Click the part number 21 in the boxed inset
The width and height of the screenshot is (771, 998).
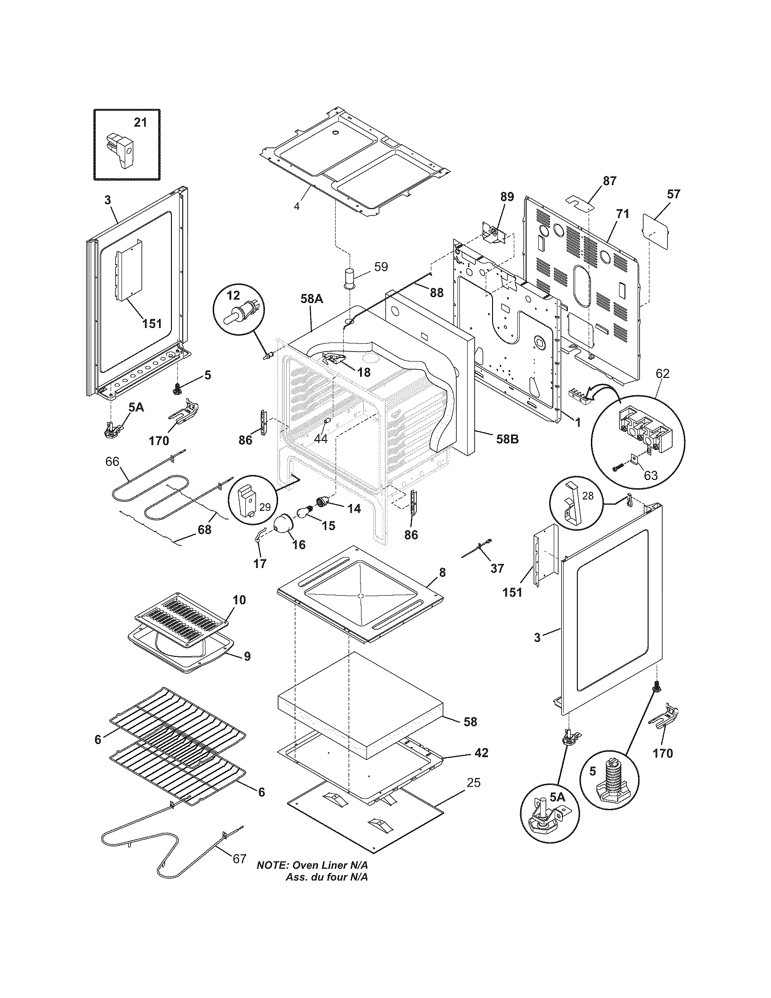pyautogui.click(x=140, y=122)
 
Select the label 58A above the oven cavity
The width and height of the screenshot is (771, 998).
pyautogui.click(x=312, y=299)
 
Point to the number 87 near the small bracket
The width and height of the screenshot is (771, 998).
pyautogui.click(x=609, y=181)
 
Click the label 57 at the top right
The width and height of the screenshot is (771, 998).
pyautogui.click(x=673, y=194)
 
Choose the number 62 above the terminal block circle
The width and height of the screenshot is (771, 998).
pyautogui.click(x=662, y=373)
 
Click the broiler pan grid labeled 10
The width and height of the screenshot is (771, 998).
pyautogui.click(x=181, y=620)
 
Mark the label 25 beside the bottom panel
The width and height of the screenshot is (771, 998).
pyautogui.click(x=473, y=783)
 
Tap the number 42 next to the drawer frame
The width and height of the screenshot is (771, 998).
pyautogui.click(x=481, y=752)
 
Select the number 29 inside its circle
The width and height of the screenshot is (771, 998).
pyautogui.click(x=265, y=506)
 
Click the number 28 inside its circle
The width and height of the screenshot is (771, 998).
pyautogui.click(x=588, y=495)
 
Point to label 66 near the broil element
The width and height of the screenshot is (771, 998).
pyautogui.click(x=112, y=461)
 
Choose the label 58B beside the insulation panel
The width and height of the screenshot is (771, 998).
pyautogui.click(x=507, y=440)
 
